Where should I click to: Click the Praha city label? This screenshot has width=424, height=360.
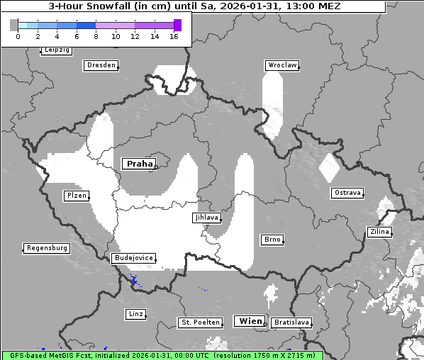pos(139,164)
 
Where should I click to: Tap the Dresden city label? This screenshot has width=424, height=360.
pos(100,65)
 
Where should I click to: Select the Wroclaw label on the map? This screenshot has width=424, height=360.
pos(281,65)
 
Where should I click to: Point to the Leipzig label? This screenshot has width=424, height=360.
pos(56,50)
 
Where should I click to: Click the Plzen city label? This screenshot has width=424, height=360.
pos(76,196)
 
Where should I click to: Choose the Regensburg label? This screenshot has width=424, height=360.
pos(47,248)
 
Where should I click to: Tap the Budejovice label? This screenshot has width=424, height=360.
pos(133,258)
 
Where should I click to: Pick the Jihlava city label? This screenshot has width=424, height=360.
pos(206,218)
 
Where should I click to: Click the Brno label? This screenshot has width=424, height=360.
pos(272,240)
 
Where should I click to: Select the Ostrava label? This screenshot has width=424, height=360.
pos(347,193)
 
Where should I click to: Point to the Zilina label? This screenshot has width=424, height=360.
pos(379,232)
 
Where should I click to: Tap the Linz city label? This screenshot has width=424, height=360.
pos(135,313)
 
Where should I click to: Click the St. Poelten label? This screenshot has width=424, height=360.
pos(198,322)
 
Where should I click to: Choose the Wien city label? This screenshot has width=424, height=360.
pos(250,320)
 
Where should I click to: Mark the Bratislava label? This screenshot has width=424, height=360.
pos(291,322)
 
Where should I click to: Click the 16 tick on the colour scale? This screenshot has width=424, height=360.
pos(174,36)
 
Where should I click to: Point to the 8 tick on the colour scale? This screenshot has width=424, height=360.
pos(96,36)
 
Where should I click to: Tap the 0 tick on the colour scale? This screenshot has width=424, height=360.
pos(18,36)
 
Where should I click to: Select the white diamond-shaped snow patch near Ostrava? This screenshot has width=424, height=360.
pos(329,167)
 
